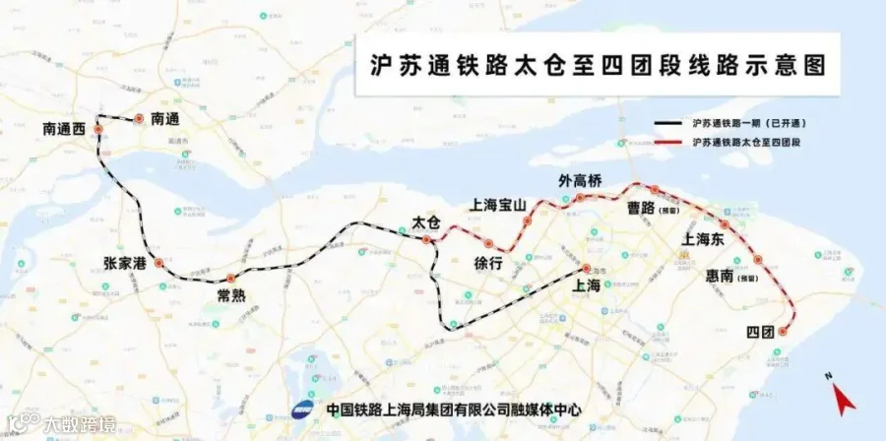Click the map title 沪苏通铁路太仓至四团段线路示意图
(595, 65)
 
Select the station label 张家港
(124, 264)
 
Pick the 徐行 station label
(488, 264)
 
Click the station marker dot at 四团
(783, 332)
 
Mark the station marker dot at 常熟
(231, 278)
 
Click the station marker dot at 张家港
(157, 264)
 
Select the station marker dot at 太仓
(426, 239)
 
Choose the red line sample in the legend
(668, 143)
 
